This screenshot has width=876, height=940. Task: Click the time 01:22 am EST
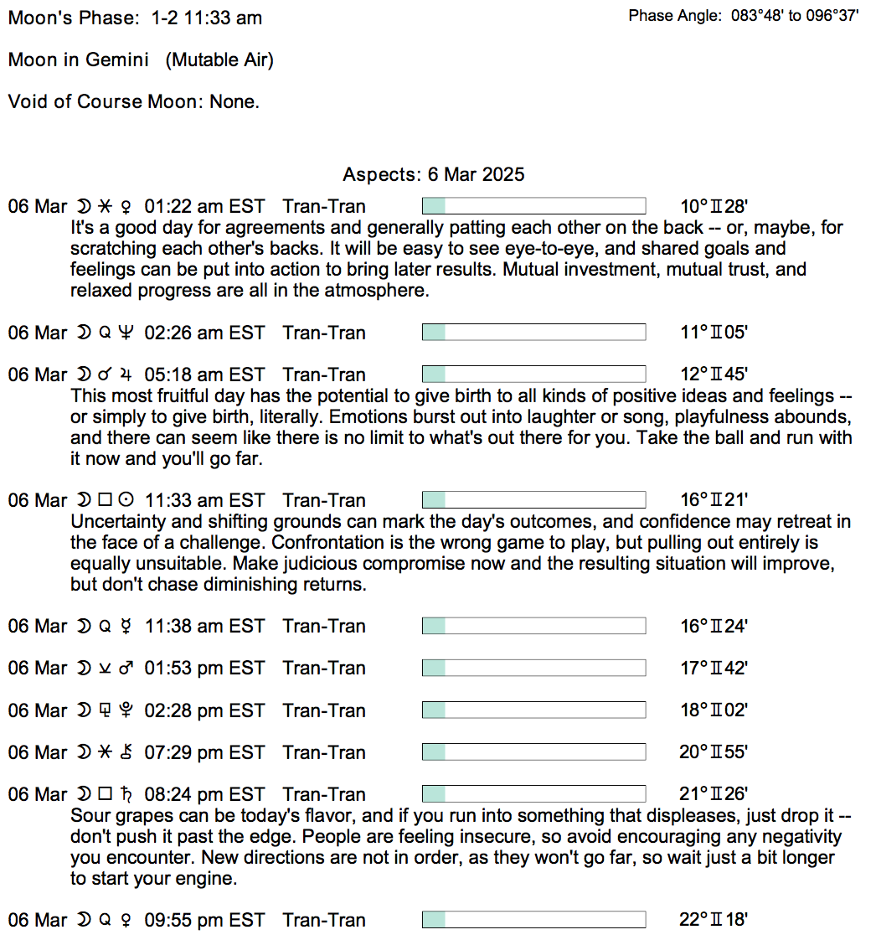coord(204,207)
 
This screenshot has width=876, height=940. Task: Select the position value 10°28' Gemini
coord(713,207)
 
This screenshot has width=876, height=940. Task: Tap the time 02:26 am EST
coord(204,333)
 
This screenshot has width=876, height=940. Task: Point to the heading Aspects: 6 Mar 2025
coord(433,174)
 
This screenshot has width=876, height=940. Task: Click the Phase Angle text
coord(744,16)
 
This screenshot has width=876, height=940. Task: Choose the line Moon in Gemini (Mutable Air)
coord(141,59)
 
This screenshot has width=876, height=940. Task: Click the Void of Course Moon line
coord(134,101)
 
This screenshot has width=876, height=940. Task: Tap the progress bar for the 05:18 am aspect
coord(533,374)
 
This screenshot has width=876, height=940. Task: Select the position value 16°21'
coord(713,500)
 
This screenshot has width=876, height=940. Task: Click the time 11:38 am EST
coord(204,626)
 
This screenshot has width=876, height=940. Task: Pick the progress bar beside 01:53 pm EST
coord(533,668)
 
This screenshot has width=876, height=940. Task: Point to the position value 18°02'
coord(713,710)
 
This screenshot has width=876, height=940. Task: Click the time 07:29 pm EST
coord(204,752)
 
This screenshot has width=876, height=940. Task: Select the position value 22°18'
coord(713,920)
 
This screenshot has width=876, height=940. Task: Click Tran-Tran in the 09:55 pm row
coord(324,920)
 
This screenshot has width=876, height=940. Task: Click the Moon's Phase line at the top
coord(135,18)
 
